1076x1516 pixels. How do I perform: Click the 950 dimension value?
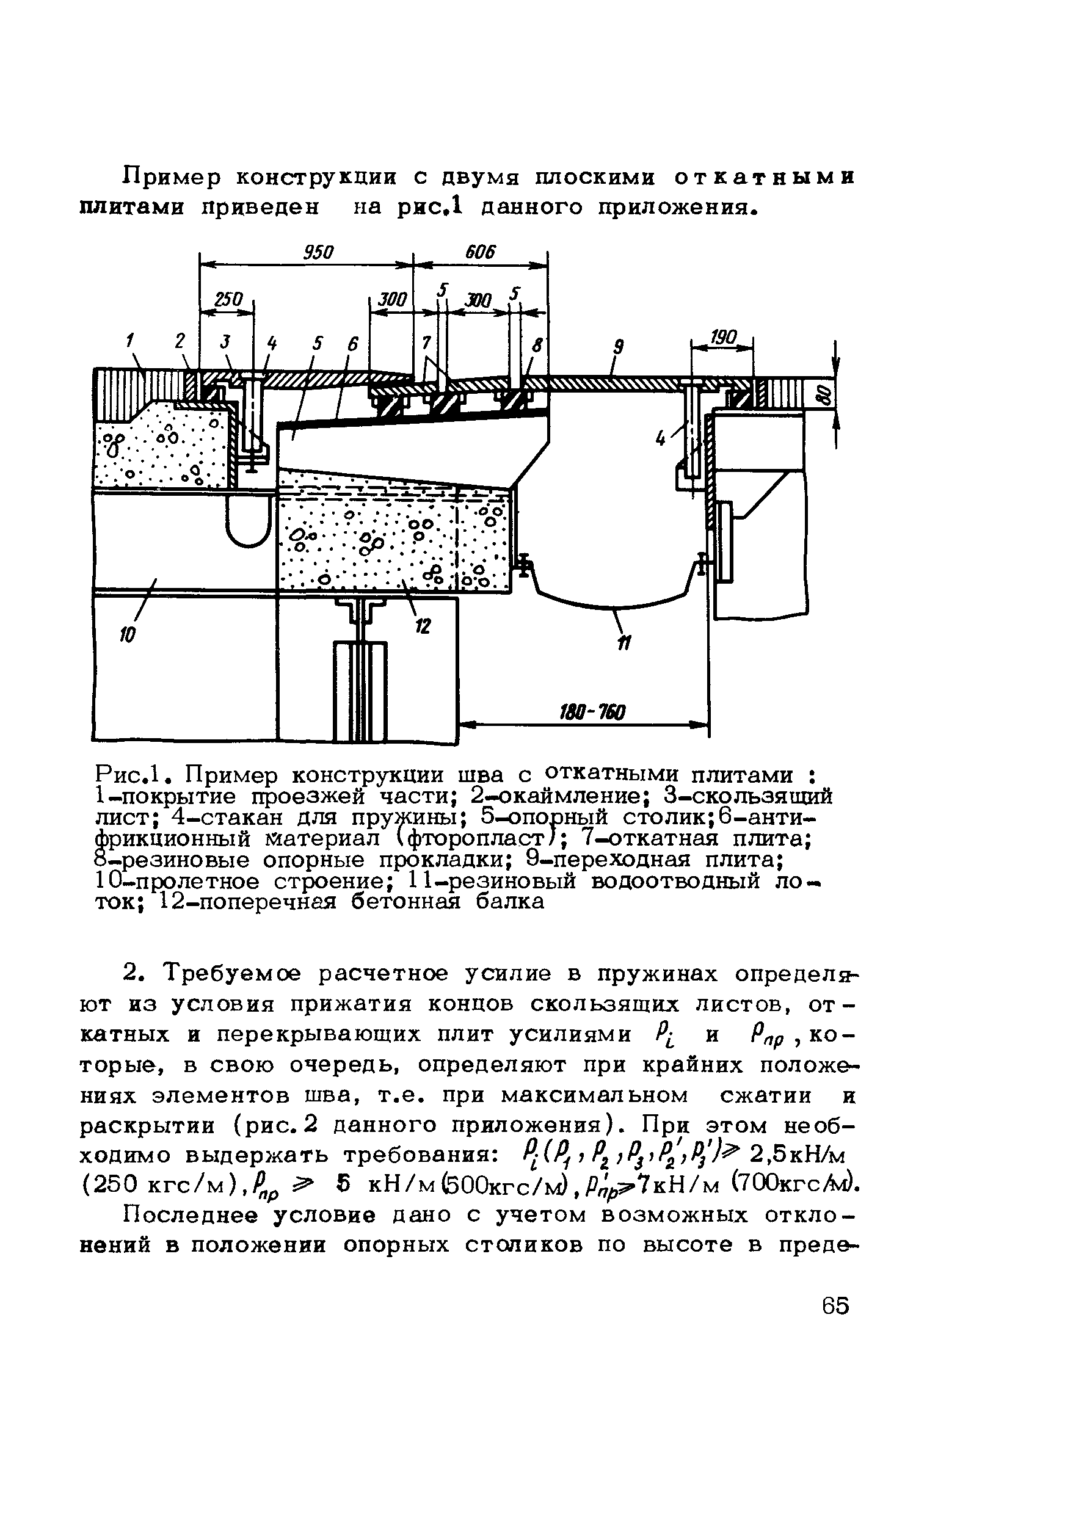(318, 252)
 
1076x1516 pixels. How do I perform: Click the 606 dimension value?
(481, 252)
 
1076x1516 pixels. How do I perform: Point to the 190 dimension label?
(723, 337)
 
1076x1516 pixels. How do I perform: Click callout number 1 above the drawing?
(130, 341)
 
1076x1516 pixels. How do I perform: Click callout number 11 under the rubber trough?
(625, 642)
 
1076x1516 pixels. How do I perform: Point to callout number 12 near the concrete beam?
(423, 625)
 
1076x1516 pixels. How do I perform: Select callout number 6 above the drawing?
(352, 344)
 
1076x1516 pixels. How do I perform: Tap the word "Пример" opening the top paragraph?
(172, 178)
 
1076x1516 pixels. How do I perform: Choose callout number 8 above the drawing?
(538, 345)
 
